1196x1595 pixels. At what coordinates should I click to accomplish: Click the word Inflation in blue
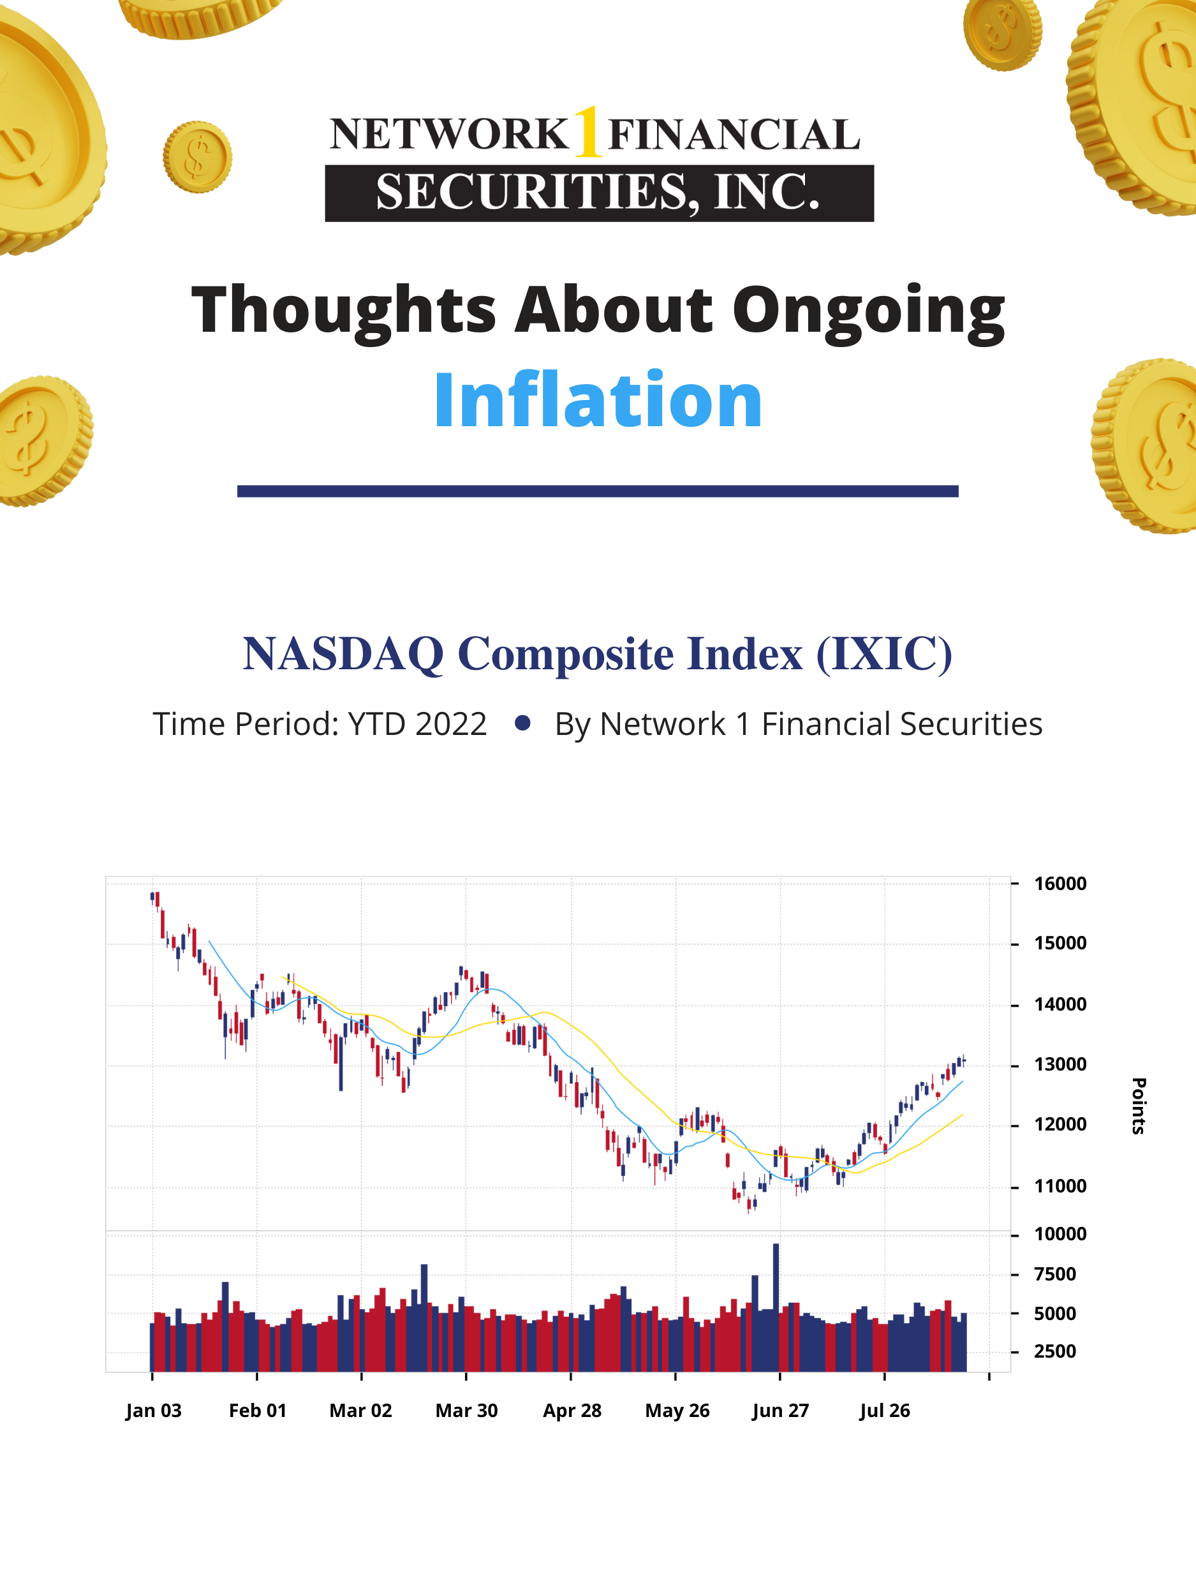pyautogui.click(x=598, y=400)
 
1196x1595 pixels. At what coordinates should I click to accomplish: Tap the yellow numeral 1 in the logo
pyautogui.click(x=588, y=132)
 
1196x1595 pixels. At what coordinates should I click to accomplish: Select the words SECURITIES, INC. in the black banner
pyautogui.click(x=598, y=193)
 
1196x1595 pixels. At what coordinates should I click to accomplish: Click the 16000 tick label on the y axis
pyautogui.click(x=1059, y=883)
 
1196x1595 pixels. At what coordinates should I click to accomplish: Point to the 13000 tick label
pyautogui.click(x=1059, y=1064)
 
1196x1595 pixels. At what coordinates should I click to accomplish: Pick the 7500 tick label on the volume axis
pyautogui.click(x=1054, y=1274)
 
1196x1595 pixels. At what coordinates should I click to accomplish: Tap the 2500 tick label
pyautogui.click(x=1054, y=1351)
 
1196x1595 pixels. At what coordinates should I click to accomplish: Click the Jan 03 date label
pyautogui.click(x=153, y=1411)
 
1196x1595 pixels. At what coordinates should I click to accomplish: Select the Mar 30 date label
pyautogui.click(x=466, y=1411)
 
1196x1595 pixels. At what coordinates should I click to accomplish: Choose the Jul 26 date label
pyautogui.click(x=885, y=1411)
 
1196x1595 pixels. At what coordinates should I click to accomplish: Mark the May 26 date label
pyautogui.click(x=677, y=1411)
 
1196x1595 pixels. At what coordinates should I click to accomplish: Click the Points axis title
pyautogui.click(x=1139, y=1106)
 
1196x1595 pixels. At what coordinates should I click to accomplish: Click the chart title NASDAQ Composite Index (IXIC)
pyautogui.click(x=598, y=653)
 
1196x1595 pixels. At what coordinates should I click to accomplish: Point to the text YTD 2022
pyautogui.click(x=417, y=724)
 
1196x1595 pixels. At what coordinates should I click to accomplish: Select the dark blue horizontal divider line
pyautogui.click(x=598, y=491)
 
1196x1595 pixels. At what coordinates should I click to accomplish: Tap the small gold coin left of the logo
pyautogui.click(x=197, y=156)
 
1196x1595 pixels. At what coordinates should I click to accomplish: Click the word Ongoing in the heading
pyautogui.click(x=868, y=310)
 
